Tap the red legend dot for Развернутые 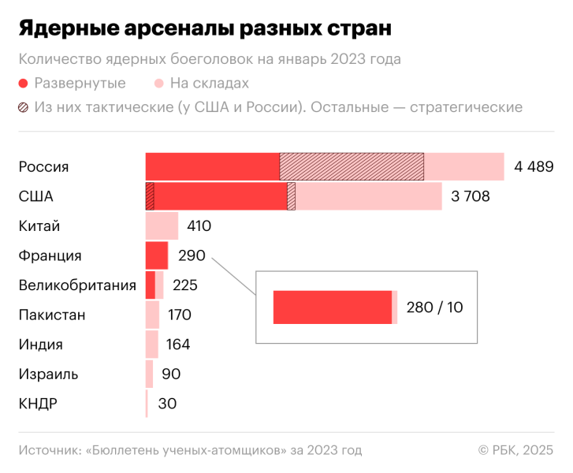coord(24,84)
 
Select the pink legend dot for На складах coord(159,84)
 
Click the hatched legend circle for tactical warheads coord(24,107)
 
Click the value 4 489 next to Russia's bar coord(534,167)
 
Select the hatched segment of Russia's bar coord(352,167)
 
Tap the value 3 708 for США coord(471,196)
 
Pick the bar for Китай coord(162,226)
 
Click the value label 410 coord(199,226)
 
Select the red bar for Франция coord(156,255)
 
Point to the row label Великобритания coord(76,285)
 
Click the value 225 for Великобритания coord(184,285)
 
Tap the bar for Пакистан coord(152,315)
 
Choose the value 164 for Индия coord(178,345)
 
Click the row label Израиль coord(48,374)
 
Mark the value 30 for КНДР coord(167,404)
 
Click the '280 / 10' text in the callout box coord(434,307)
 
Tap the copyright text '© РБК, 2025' coord(515,450)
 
